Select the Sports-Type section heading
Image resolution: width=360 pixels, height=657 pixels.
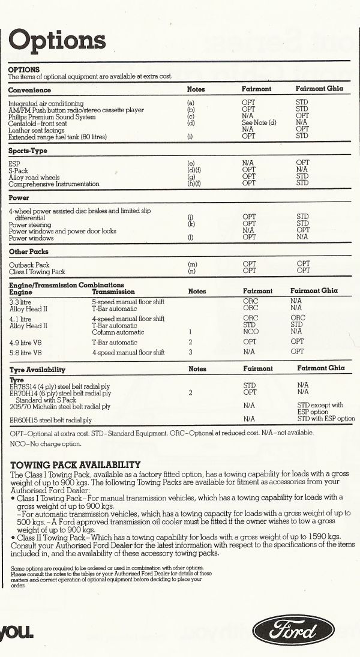coord(28,151)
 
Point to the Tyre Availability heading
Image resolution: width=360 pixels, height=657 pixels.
coord(37,370)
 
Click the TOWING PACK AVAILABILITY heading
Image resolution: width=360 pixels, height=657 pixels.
coord(76,464)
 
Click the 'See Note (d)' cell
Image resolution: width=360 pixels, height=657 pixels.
coord(258,123)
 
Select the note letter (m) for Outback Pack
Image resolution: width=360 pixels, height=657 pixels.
coord(192,265)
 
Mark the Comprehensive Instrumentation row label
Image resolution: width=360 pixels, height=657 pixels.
coord(54,184)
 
